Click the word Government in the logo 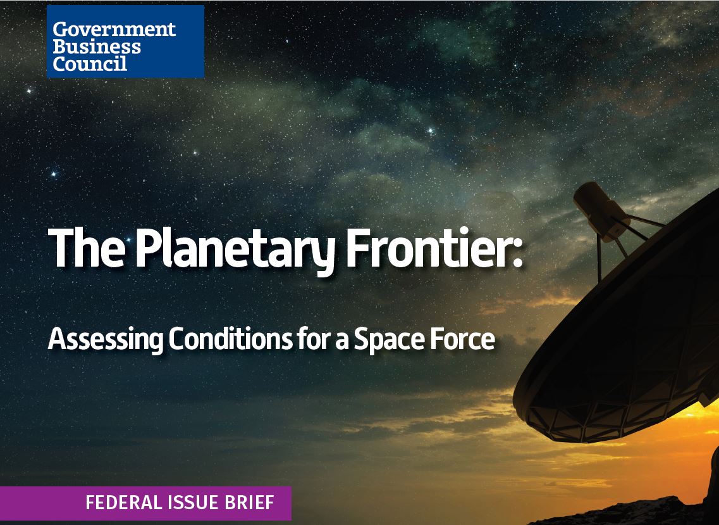pos(114,29)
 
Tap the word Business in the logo pos(96,46)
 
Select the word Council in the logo pos(89,63)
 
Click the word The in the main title pos(86,248)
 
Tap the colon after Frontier pos(517,255)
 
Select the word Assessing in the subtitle pos(106,340)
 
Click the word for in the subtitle pos(314,339)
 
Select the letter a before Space pos(342,342)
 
